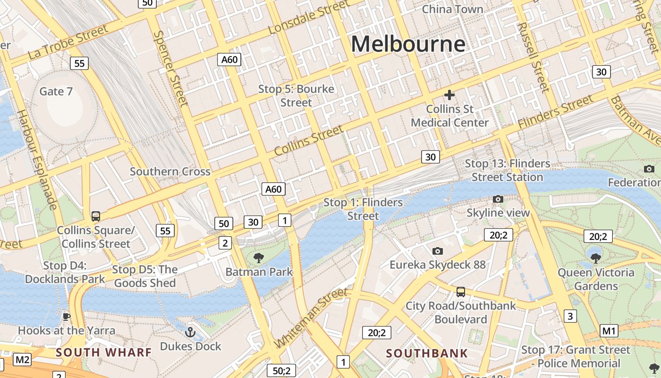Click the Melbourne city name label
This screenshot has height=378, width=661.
pos(408,44)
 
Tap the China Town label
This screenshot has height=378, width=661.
pos(452,9)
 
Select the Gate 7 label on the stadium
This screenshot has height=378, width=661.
pos(56,91)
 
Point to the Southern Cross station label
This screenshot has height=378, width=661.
pos(170,172)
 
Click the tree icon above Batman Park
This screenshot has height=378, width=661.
pos(258,258)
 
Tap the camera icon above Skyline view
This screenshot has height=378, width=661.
pos(498,199)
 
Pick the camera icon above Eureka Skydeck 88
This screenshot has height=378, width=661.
pos(437,251)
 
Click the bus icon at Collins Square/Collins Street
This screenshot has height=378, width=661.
pos(96,216)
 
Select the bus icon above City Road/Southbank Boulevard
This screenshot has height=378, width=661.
pos(460,292)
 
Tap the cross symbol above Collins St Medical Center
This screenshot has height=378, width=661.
pos(449,95)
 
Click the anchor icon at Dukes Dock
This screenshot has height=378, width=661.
pos(190,332)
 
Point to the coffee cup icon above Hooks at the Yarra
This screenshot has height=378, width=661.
pos(67,316)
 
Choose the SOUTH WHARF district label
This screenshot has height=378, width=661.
pos(104,352)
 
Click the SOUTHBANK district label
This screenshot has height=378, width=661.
pos(427,353)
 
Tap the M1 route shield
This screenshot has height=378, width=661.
pos(609,331)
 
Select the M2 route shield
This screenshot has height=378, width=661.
pos(22,360)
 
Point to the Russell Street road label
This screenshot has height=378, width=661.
pos(534,57)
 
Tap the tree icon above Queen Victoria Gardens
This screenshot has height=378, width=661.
pos(596,258)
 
